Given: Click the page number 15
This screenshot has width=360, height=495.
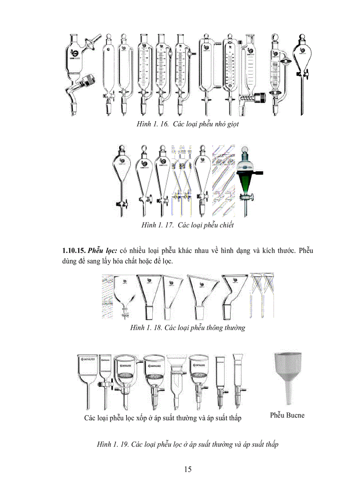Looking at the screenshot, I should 188,469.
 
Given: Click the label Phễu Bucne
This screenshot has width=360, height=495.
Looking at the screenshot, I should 287,415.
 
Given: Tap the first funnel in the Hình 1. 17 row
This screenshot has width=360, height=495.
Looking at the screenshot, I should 122,181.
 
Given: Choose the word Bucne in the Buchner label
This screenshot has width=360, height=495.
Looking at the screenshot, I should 295,415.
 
